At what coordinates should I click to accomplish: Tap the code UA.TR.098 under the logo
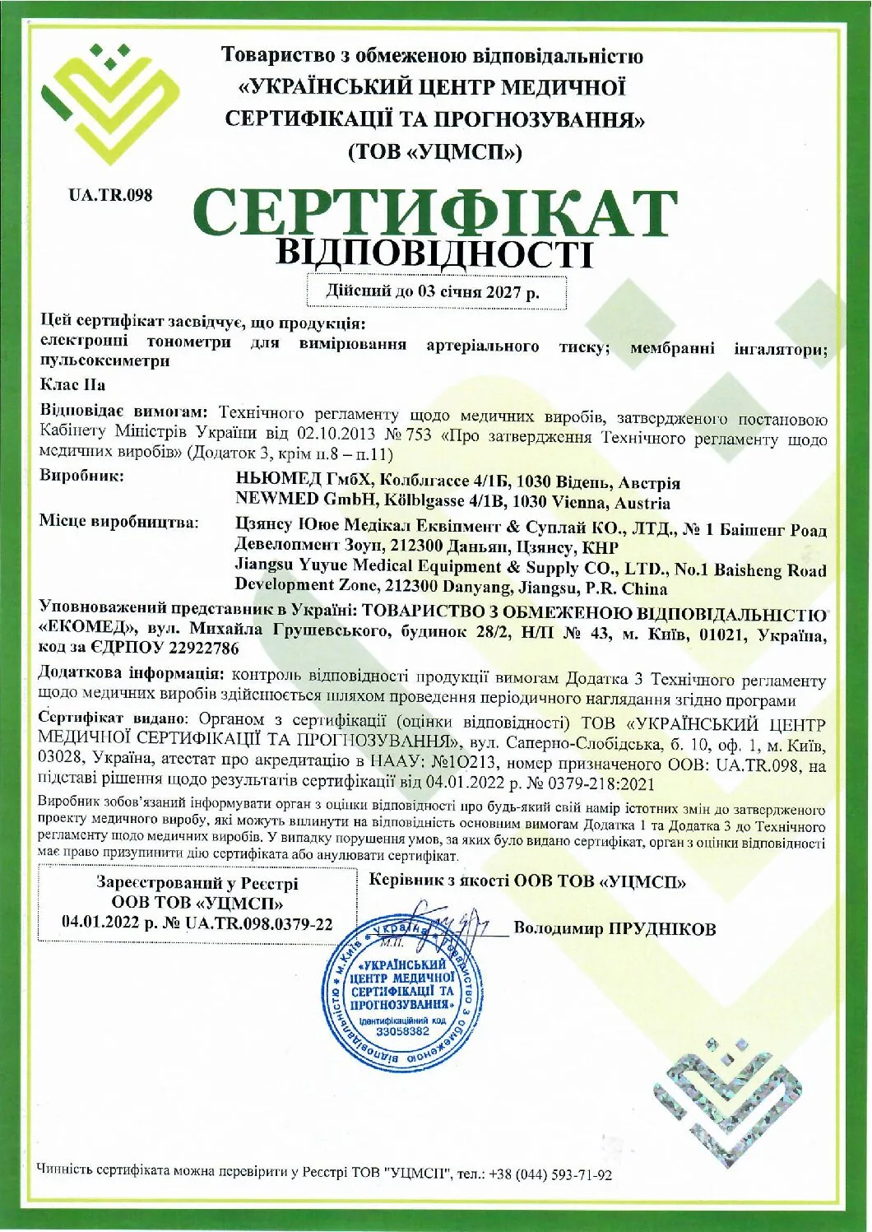coord(111,195)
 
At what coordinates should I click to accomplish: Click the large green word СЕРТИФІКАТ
coord(436,212)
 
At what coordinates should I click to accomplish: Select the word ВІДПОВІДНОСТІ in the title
coord(434,253)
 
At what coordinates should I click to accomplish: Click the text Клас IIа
coord(72,384)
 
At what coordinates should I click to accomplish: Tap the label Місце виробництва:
coord(119,522)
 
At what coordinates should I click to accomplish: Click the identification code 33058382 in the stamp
coord(402,1030)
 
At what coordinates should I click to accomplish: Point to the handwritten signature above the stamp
coord(448,918)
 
